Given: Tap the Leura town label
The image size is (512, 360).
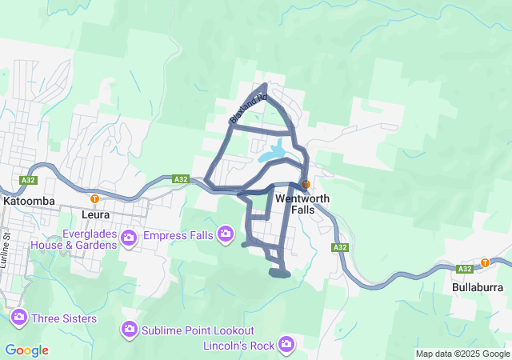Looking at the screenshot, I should (95, 214).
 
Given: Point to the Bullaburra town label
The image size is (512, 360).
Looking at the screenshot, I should (477, 286).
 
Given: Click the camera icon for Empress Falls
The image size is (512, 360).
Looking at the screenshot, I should (226, 234).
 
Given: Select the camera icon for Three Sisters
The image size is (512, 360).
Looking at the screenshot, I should (18, 318).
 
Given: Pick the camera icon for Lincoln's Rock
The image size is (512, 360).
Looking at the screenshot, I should (286, 345).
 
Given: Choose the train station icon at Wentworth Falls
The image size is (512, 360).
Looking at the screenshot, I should (306, 185).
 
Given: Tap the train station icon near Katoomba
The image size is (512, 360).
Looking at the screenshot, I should (94, 199).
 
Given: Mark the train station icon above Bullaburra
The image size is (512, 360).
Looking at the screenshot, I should (485, 262).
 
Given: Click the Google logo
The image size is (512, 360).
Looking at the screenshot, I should (26, 350).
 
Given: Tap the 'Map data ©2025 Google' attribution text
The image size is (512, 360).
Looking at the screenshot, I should (462, 354).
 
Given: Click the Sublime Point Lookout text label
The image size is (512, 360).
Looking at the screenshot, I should (198, 330).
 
